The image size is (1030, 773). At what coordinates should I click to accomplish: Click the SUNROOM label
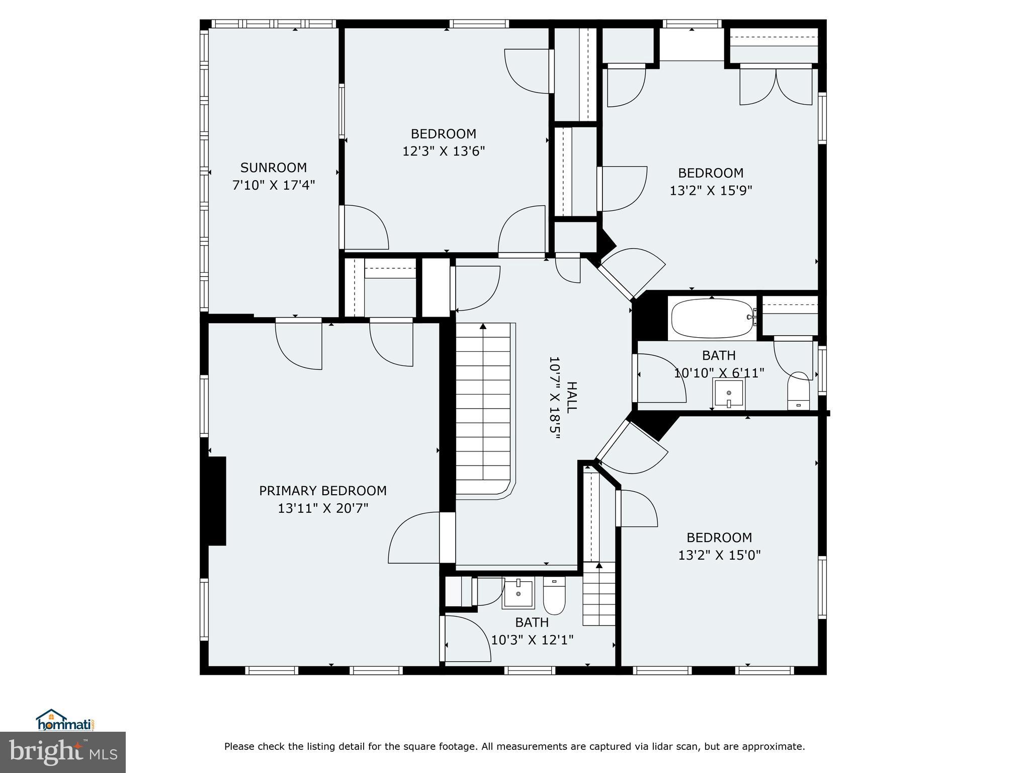[x=274, y=168]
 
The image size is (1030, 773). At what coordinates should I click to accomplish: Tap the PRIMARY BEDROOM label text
[x=323, y=491]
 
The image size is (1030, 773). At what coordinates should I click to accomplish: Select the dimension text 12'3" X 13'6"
[x=444, y=151]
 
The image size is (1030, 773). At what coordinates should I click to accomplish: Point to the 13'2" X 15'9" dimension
[x=711, y=190]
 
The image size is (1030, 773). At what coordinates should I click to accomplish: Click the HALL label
[x=572, y=398]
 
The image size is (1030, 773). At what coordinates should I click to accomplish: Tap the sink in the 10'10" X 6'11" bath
[x=729, y=394]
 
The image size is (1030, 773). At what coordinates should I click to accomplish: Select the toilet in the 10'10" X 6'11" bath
[x=798, y=391]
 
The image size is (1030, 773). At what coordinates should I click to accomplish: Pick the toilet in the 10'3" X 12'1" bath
[x=554, y=596]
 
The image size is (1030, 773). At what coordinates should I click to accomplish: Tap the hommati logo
[x=65, y=720]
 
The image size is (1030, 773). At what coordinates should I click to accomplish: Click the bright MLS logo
[x=63, y=752]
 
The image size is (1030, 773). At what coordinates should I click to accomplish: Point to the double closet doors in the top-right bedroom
[x=776, y=86]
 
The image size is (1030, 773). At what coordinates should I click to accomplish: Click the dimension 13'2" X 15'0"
[x=720, y=555]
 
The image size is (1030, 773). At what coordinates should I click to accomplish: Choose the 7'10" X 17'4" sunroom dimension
[x=274, y=185]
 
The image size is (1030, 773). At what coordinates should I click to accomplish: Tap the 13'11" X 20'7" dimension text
[x=323, y=508]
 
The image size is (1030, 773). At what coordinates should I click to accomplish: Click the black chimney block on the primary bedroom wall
[x=216, y=501]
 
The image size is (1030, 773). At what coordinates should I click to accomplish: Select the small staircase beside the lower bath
[x=599, y=594]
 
